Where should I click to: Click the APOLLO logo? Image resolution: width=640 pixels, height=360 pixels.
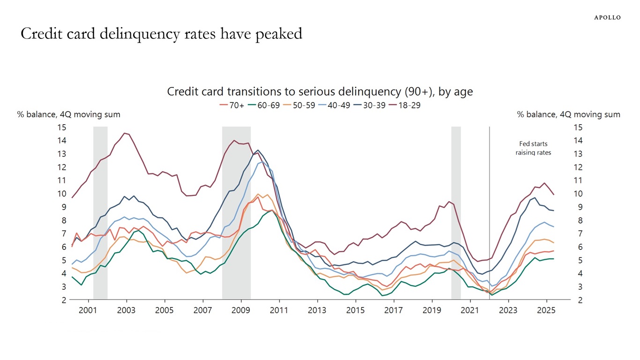point(607,17)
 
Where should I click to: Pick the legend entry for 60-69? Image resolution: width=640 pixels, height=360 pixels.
point(265,105)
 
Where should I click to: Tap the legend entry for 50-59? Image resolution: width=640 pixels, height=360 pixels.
point(300,105)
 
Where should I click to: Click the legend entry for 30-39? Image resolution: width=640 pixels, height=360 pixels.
point(370,105)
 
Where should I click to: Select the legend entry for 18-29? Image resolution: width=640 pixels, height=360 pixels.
point(405,105)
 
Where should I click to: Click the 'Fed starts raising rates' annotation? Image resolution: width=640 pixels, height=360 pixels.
point(533,148)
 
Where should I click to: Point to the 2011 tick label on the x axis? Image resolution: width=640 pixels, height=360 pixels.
point(279,310)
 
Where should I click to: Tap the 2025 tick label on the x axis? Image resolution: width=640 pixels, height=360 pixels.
point(546,310)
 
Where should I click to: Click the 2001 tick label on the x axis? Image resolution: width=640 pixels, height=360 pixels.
point(88,310)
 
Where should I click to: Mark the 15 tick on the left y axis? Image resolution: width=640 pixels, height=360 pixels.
point(62,127)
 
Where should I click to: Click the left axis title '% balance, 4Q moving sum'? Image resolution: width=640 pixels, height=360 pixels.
point(68,114)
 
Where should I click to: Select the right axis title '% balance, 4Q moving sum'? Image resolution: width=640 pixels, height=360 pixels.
point(568,114)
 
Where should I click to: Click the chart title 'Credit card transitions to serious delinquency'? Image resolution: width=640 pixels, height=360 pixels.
point(320,92)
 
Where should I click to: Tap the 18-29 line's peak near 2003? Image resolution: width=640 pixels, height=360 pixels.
point(125,133)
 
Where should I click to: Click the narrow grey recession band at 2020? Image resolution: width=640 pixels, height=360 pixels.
point(456,211)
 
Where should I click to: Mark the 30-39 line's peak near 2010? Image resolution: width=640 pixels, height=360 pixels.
point(258,150)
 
